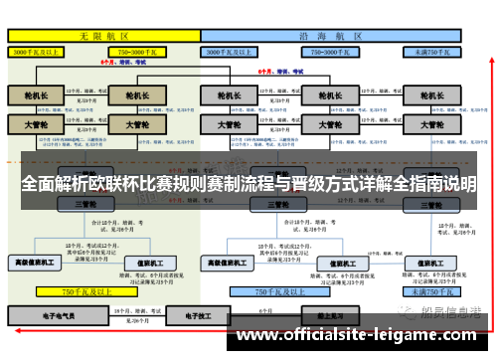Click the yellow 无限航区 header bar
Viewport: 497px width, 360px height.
[x=103, y=34]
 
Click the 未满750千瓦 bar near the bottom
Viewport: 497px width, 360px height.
[x=434, y=292]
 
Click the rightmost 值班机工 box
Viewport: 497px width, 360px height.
[x=433, y=263]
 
